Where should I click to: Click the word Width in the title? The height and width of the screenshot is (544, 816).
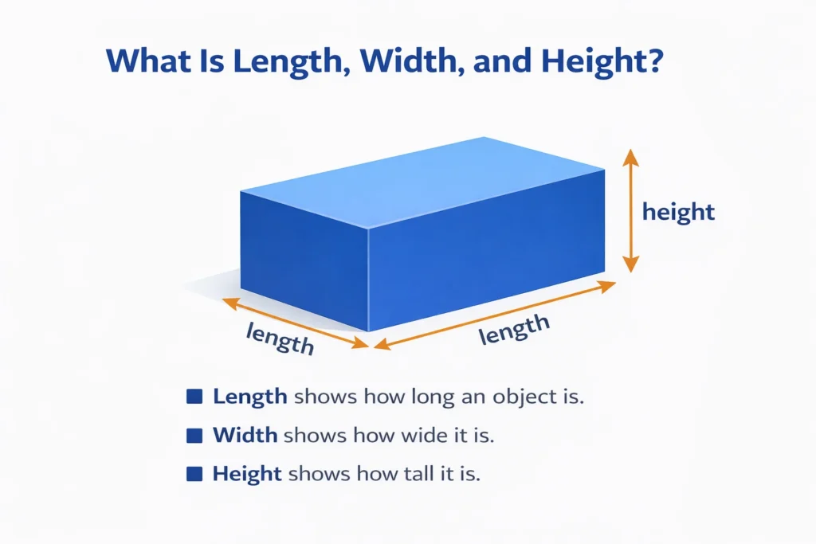coord(410,62)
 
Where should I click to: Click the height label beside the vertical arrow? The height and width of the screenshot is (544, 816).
coord(678,213)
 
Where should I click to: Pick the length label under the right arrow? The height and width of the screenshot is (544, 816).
coord(515,329)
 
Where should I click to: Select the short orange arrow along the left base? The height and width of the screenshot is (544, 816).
coord(295,322)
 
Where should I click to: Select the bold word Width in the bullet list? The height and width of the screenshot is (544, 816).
coord(245,435)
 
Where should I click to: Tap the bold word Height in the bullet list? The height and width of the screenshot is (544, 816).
coord(247,474)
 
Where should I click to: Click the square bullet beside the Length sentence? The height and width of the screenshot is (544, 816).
coord(192,396)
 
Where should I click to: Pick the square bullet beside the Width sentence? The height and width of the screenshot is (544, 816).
coord(192,435)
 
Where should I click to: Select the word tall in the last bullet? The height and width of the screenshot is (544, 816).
coord(398,474)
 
